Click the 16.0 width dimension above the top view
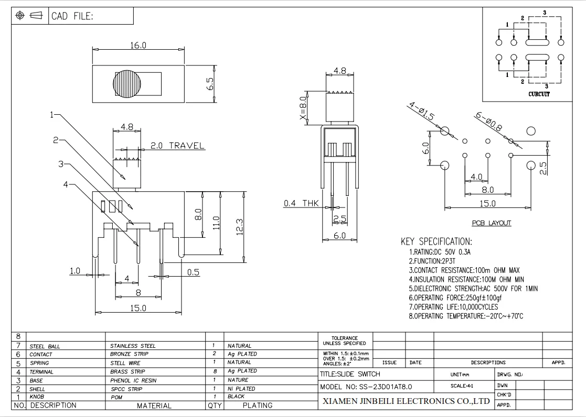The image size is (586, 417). [138, 46]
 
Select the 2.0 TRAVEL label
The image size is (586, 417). [177, 146]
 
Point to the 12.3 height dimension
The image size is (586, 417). [240, 227]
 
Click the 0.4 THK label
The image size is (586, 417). [301, 203]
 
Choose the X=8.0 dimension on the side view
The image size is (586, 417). [303, 108]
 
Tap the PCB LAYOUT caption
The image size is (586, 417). [492, 223]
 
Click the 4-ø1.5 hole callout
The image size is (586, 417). [422, 111]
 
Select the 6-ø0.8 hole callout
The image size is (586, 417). [488, 122]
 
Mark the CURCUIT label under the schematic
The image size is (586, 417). [539, 94]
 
